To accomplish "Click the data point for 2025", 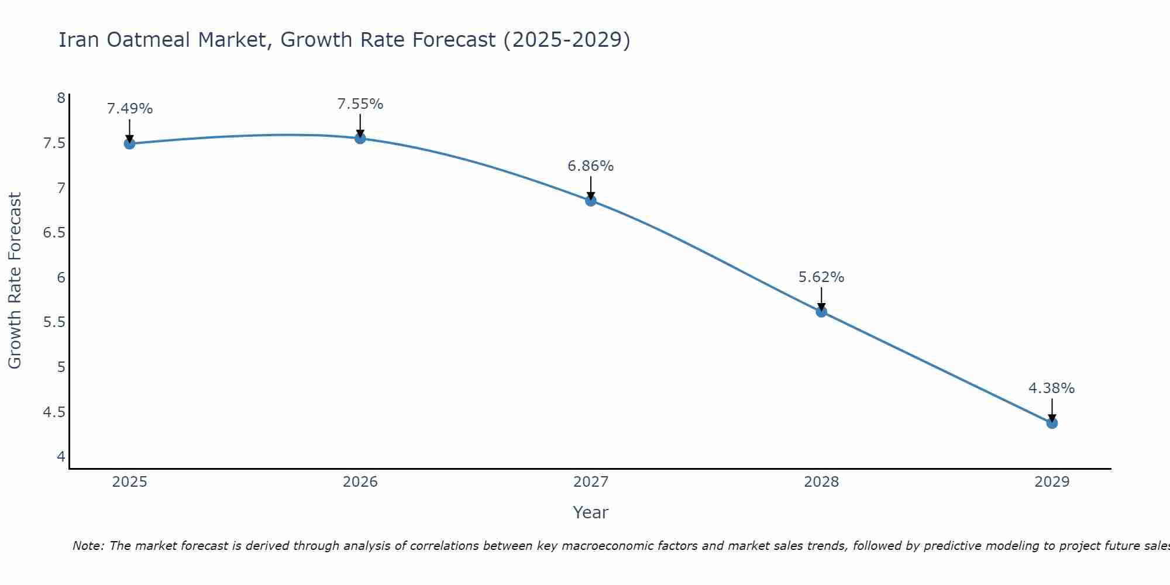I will pyautogui.click(x=129, y=144).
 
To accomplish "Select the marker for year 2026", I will pyautogui.click(x=360, y=139).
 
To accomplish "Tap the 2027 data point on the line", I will pyautogui.click(x=591, y=201).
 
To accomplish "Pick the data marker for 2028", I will pyautogui.click(x=821, y=312).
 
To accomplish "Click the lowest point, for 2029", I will pyautogui.click(x=1052, y=423).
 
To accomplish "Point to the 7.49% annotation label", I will pyautogui.click(x=130, y=109).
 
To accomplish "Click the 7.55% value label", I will pyautogui.click(x=360, y=104).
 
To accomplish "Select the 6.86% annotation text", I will pyautogui.click(x=591, y=166).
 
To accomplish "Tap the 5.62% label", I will pyautogui.click(x=821, y=277).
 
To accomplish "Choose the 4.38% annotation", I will pyautogui.click(x=1052, y=388).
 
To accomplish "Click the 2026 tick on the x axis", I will pyautogui.click(x=360, y=482).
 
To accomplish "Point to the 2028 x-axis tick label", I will pyautogui.click(x=821, y=482).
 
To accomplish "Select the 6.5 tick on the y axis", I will pyautogui.click(x=54, y=233).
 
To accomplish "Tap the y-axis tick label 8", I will pyautogui.click(x=61, y=98).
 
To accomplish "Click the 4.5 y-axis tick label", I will pyautogui.click(x=54, y=412).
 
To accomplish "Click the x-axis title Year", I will pyautogui.click(x=591, y=512).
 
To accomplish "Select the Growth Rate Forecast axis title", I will pyautogui.click(x=15, y=281).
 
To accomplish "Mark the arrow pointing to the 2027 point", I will pyautogui.click(x=591, y=187).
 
